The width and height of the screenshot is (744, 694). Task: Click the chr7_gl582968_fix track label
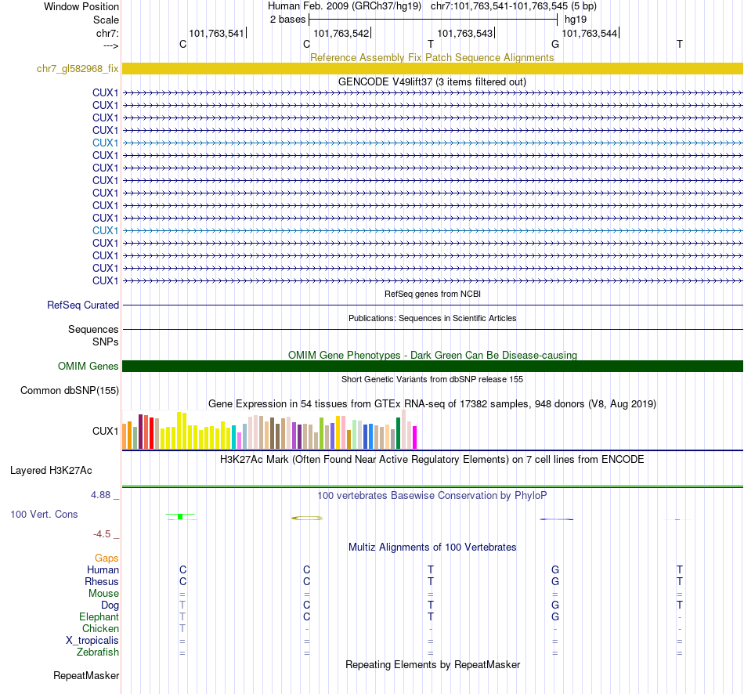(x=78, y=69)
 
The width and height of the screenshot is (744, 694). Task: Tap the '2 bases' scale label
(x=287, y=20)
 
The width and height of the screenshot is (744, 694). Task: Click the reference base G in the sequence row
(x=555, y=44)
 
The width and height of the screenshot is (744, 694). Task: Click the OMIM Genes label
(x=88, y=366)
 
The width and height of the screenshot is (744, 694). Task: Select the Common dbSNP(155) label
(x=70, y=390)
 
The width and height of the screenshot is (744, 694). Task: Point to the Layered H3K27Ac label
(x=51, y=471)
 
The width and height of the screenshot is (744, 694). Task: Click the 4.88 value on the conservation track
(x=102, y=495)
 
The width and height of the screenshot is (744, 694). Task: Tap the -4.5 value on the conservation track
(x=103, y=534)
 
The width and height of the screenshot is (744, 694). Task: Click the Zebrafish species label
(x=98, y=652)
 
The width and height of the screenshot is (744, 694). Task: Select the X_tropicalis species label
(x=92, y=641)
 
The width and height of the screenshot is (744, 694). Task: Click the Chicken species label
(x=101, y=629)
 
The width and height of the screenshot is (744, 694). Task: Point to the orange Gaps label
(x=107, y=558)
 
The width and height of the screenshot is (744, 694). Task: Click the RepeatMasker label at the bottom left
(x=86, y=675)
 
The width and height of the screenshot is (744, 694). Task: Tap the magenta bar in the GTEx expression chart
(x=415, y=437)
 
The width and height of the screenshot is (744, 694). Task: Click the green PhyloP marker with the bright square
(x=180, y=516)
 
